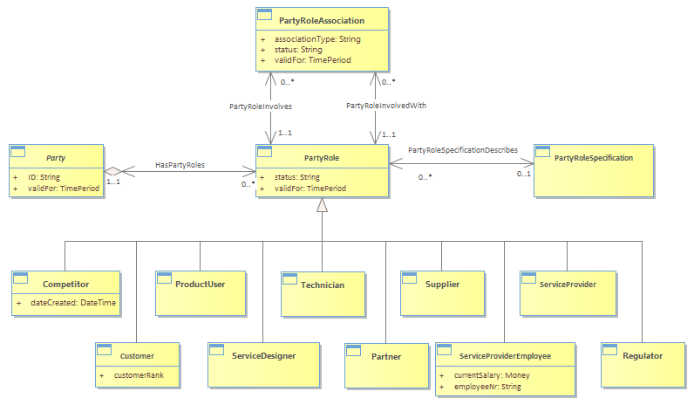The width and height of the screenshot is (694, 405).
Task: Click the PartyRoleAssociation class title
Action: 322,20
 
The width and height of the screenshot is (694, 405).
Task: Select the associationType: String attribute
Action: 317,39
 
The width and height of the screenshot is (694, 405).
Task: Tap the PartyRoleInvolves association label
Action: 261,106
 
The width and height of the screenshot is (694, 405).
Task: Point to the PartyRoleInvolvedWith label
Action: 386,106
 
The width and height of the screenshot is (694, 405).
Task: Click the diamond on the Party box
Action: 112,171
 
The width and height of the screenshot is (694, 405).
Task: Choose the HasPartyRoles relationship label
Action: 180,165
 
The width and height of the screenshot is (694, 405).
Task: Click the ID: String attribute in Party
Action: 44,177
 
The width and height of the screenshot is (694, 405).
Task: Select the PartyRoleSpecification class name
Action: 594,158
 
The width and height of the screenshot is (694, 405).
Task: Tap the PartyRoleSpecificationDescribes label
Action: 463,150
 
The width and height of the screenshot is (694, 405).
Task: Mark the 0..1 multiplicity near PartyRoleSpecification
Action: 524,174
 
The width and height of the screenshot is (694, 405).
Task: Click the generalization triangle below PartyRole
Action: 323,205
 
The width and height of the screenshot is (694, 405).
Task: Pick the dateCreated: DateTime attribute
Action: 73,303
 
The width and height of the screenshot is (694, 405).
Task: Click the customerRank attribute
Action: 139,375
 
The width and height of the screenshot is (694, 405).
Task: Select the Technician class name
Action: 323,285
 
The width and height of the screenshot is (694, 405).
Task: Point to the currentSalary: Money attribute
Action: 492,375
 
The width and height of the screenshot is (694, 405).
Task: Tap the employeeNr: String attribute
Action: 487,387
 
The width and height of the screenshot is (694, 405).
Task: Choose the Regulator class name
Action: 643,356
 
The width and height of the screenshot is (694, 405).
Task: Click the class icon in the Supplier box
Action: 409,278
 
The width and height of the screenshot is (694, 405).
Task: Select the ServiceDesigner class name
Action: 264,356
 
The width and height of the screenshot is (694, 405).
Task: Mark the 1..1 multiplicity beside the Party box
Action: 113,182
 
